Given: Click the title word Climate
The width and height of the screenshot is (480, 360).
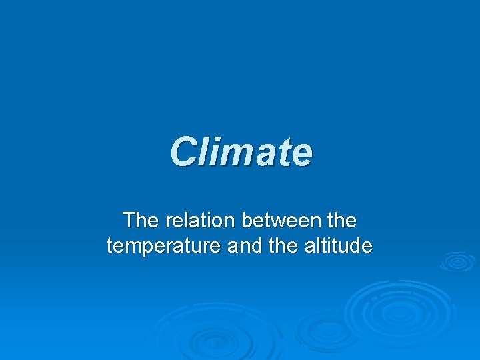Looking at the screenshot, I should (x=240, y=151).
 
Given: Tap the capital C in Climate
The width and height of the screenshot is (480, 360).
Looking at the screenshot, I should (x=184, y=151).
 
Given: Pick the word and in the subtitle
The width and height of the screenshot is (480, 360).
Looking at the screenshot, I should (x=247, y=247).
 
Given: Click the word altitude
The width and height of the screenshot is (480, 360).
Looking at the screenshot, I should (x=339, y=247).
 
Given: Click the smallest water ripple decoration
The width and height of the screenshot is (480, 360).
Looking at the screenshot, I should (x=457, y=261).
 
